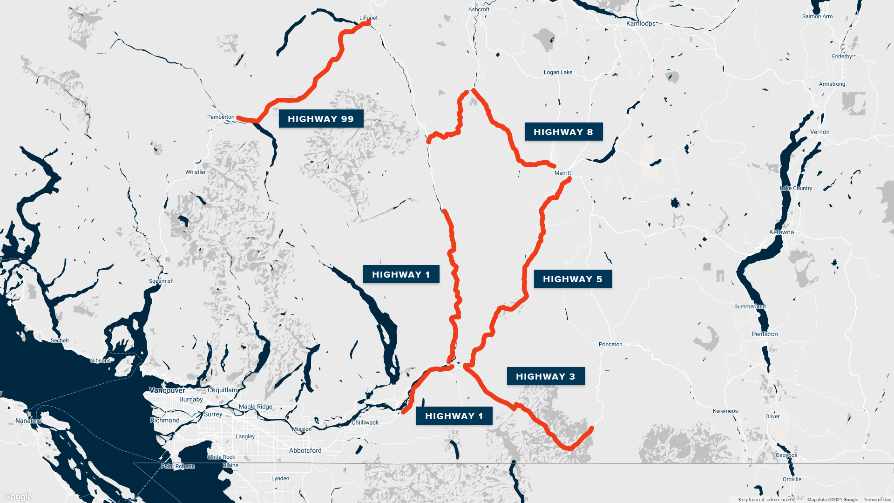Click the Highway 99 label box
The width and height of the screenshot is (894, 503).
[321, 119]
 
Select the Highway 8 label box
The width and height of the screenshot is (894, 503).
[563, 132]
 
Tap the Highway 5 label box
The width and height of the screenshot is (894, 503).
[573, 279]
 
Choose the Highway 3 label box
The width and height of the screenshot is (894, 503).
[546, 376]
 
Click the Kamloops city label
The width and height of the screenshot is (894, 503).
[641, 23]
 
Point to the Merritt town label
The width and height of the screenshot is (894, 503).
[562, 173]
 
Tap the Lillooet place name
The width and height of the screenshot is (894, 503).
[368, 18]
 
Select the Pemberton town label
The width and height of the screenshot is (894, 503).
[221, 117]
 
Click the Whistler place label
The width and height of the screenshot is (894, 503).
[195, 172]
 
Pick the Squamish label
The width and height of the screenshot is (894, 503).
[161, 281]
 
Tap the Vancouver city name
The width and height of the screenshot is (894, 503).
[167, 390]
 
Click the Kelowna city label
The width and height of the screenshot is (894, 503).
[781, 232]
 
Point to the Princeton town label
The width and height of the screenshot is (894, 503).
[610, 344]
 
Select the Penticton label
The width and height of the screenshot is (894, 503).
[765, 334]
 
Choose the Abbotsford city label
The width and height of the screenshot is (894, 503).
[305, 450]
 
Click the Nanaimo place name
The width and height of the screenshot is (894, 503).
[28, 421]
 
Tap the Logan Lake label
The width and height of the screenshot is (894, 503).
[558, 72]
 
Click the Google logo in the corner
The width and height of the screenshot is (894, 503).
[18, 496]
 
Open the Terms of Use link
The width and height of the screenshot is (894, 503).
[877, 499]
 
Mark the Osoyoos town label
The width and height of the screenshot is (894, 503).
[786, 455]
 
